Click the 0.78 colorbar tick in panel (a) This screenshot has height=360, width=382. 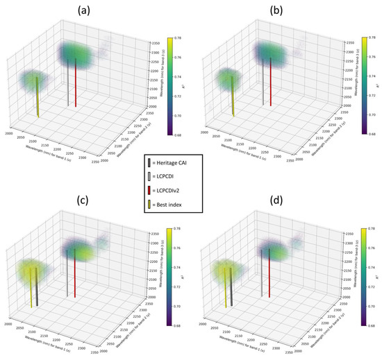pyautogui.click(x=178, y=37)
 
